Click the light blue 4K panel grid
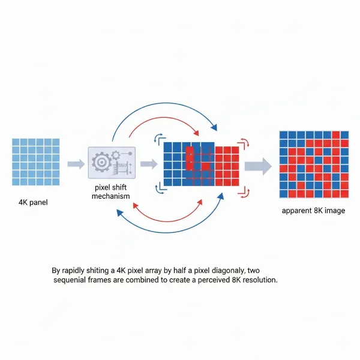[x=35, y=162]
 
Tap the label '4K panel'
[x=33, y=202]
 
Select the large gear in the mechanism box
[x=100, y=162]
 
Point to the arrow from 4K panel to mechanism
[x=76, y=163]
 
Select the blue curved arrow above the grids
[x=162, y=112]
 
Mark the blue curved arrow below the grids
[x=168, y=227]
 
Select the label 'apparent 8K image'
[x=313, y=211]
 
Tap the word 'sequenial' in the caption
[x=72, y=281]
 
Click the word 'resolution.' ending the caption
[x=259, y=281]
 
